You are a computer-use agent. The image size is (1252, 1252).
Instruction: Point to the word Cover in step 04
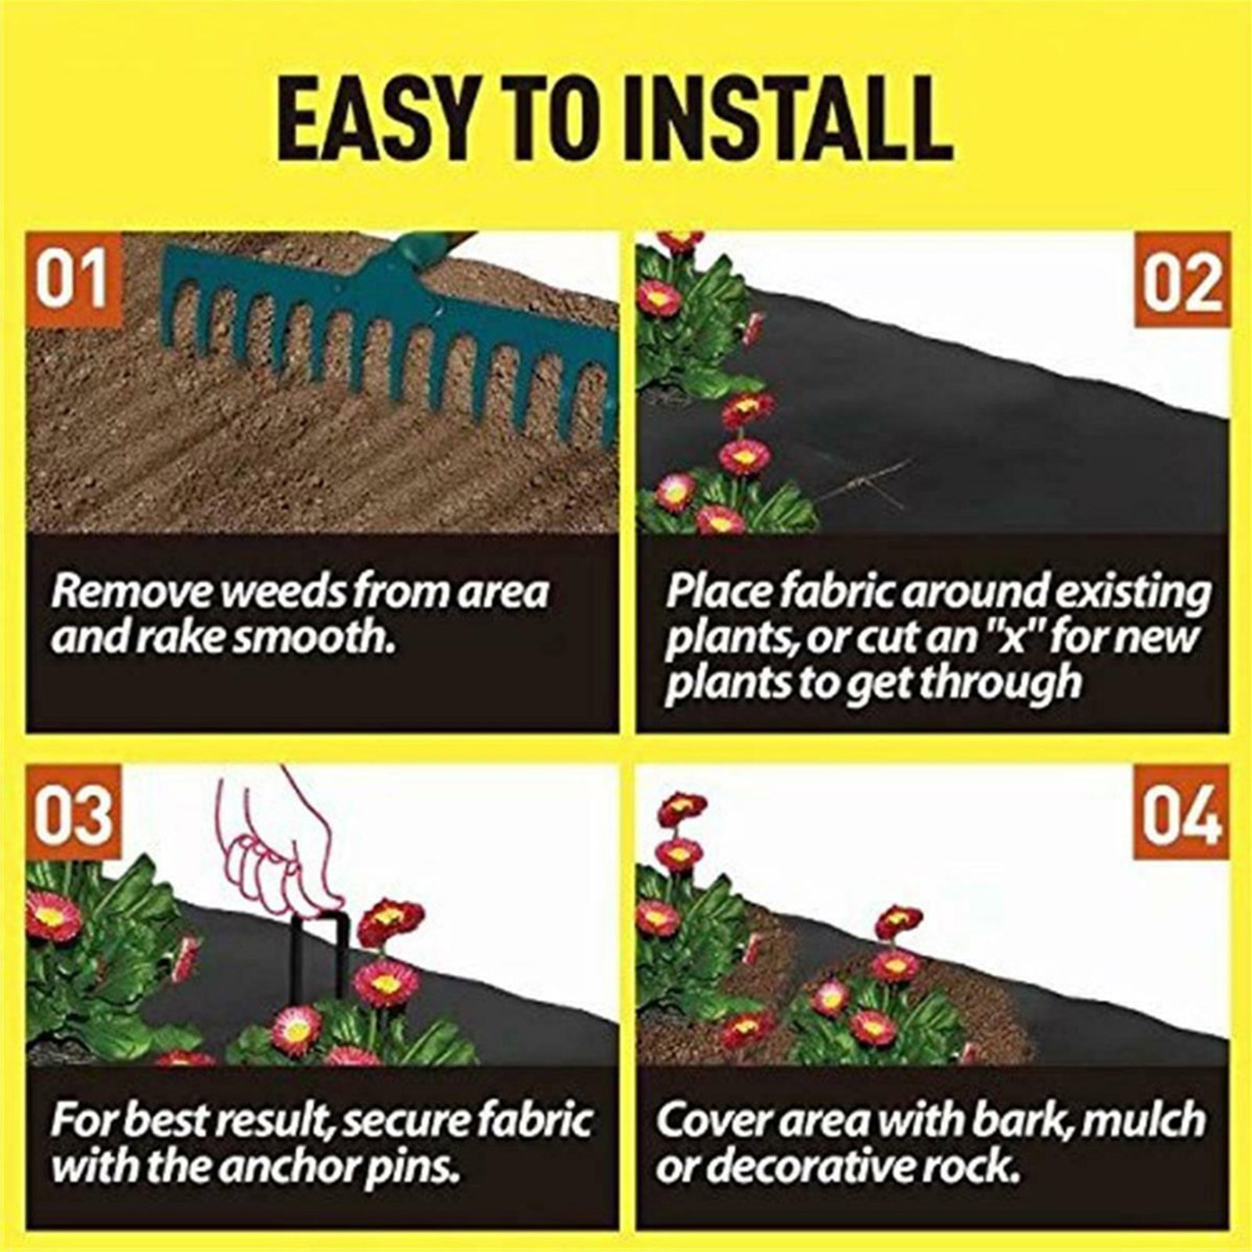click(x=708, y=1121)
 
